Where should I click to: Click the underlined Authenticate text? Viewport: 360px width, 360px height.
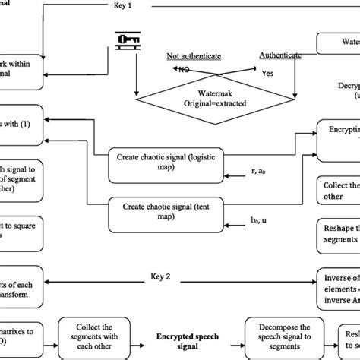280,55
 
